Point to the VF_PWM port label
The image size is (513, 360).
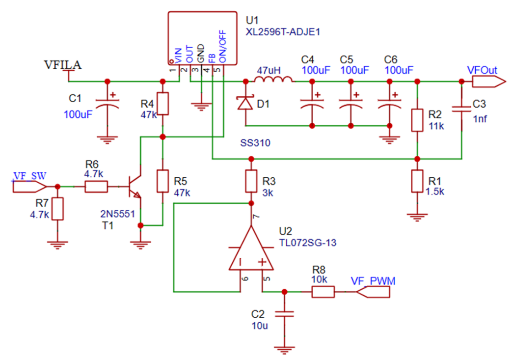(373, 281)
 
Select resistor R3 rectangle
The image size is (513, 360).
(251, 181)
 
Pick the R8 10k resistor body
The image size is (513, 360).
(323, 292)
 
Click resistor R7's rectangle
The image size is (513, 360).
(58, 209)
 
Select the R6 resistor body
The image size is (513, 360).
(96, 187)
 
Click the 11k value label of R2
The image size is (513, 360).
(435, 125)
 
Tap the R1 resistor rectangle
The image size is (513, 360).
(417, 181)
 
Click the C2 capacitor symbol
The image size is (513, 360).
(284, 314)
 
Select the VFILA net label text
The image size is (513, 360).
(63, 65)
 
